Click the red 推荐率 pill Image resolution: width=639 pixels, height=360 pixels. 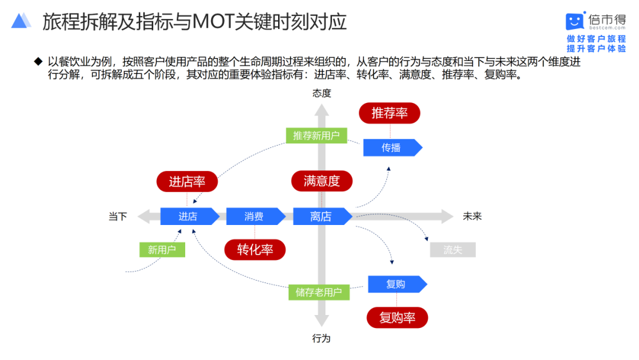(x=390, y=113)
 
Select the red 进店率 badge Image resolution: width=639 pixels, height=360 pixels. (x=187, y=182)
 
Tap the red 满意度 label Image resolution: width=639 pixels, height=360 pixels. (x=322, y=181)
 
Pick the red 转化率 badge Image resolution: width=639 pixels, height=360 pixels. (x=255, y=249)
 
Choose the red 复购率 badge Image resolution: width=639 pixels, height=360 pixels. (x=397, y=318)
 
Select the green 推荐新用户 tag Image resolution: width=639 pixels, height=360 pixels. (x=317, y=136)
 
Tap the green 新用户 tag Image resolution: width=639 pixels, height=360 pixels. (x=162, y=250)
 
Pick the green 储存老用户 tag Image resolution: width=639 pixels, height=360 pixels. (x=319, y=292)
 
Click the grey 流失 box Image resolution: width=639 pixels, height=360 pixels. (x=453, y=250)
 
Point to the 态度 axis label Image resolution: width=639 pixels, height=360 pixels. (x=322, y=93)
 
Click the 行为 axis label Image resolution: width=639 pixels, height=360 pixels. (x=321, y=339)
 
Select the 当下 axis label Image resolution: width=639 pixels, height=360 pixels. (x=118, y=217)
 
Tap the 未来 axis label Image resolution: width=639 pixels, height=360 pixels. (x=472, y=217)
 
